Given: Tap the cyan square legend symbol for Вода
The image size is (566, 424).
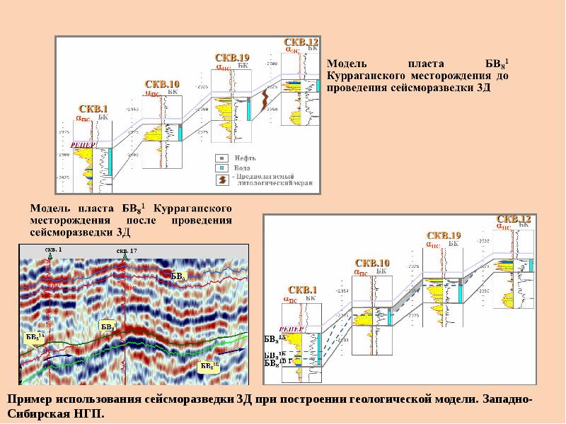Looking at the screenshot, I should click(x=221, y=167).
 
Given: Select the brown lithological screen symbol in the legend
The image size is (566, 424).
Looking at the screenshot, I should click(x=221, y=179).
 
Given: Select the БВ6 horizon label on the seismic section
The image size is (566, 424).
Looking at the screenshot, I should click(x=178, y=275).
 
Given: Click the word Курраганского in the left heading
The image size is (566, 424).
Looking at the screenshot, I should click(x=193, y=209).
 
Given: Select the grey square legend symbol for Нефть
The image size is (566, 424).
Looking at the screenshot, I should click(x=221, y=158).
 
